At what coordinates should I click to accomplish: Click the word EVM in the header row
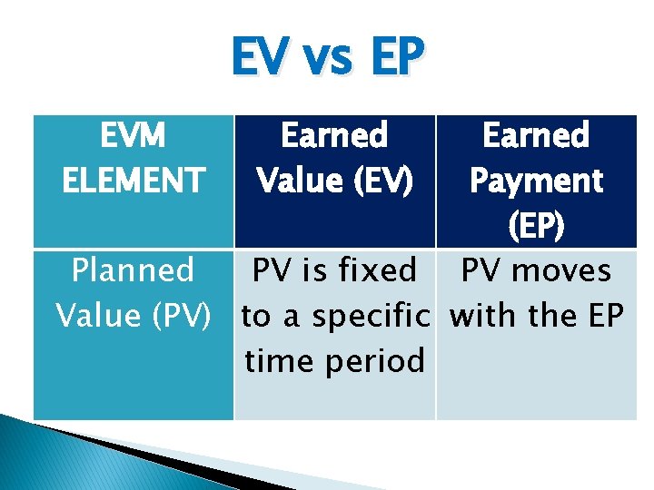coord(134,136)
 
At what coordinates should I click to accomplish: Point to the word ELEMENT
coord(134,181)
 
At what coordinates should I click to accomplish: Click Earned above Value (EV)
coord(334,136)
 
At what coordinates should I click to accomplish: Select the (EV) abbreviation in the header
coord(381,181)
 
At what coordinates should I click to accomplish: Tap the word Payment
coord(536,181)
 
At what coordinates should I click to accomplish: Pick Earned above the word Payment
coord(536,136)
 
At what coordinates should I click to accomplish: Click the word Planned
coord(134,270)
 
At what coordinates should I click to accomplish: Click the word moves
coord(573,270)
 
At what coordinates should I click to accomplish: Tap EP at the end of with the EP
coord(605,316)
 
